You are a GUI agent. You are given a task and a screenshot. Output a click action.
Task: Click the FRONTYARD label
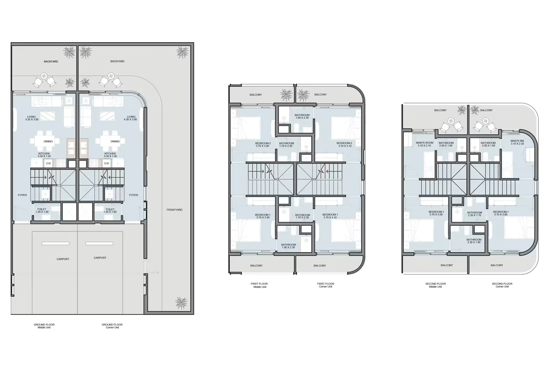point(174,210)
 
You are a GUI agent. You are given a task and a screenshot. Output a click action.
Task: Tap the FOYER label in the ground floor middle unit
point(22,195)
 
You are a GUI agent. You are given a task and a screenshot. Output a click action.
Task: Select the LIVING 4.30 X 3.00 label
point(131,118)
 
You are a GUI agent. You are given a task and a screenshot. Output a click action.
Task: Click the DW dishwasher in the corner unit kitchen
point(106,163)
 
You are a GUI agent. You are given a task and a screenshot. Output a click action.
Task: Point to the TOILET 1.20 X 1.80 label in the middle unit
point(42,211)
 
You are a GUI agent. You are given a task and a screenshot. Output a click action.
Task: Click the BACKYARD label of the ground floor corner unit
point(117,61)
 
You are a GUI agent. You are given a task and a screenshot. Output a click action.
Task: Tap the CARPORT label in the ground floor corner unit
point(100,258)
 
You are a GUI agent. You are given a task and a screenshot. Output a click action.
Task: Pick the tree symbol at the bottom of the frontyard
point(181,303)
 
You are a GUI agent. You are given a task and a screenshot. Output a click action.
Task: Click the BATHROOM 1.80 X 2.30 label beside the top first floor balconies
point(302,117)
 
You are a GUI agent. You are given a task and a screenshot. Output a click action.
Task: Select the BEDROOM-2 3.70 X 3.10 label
point(344,144)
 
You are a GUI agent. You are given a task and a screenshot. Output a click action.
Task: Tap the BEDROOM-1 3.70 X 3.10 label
point(330,216)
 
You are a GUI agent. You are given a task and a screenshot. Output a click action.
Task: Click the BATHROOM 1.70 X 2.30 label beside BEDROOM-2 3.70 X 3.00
point(286,145)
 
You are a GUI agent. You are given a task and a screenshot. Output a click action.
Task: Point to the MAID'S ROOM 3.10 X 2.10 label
point(425,144)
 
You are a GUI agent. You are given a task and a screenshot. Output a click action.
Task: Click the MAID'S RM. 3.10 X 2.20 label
point(517,142)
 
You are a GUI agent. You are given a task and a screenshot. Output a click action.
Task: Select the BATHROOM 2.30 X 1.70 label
point(475,214)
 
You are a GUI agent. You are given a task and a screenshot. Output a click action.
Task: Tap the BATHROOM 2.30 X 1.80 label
point(474,241)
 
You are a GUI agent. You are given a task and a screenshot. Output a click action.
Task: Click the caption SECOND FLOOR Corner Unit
point(502,285)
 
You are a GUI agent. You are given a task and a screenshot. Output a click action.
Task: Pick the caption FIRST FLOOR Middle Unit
point(259,285)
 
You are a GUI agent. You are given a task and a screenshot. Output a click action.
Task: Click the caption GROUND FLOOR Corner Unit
point(112,326)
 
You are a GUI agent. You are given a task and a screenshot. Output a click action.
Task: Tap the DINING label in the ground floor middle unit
point(48,142)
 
